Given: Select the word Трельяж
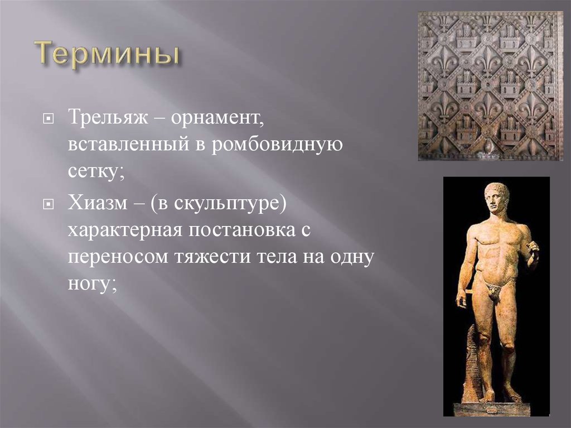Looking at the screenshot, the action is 108,117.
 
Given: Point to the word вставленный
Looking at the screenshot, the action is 128,145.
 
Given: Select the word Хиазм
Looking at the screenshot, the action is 98,203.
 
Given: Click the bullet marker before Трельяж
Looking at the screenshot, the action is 48,119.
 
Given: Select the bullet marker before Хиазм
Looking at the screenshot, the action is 48,205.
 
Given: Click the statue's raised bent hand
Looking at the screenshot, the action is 532,252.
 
